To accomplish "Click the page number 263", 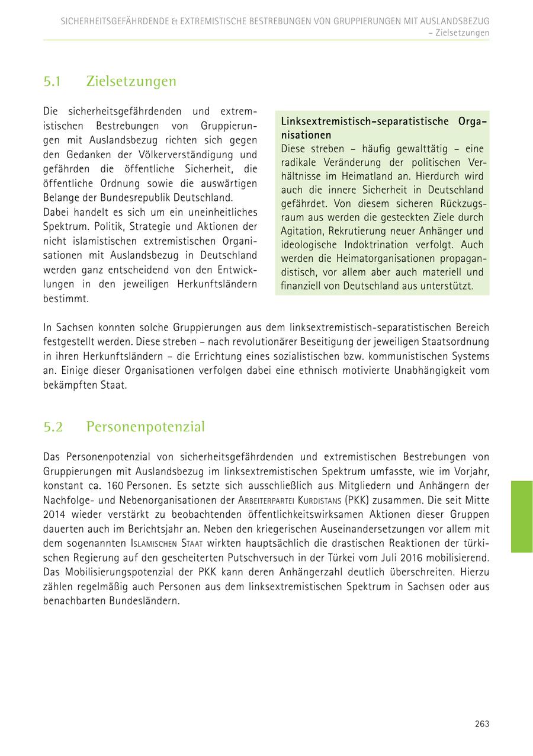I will coord(481,723).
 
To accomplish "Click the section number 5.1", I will coord(53,81).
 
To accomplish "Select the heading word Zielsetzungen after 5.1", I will coord(131,81).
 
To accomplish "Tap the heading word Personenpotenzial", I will coord(145,427).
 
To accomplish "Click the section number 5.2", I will coord(53,427).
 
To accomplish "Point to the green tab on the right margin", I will coord(522,517).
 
